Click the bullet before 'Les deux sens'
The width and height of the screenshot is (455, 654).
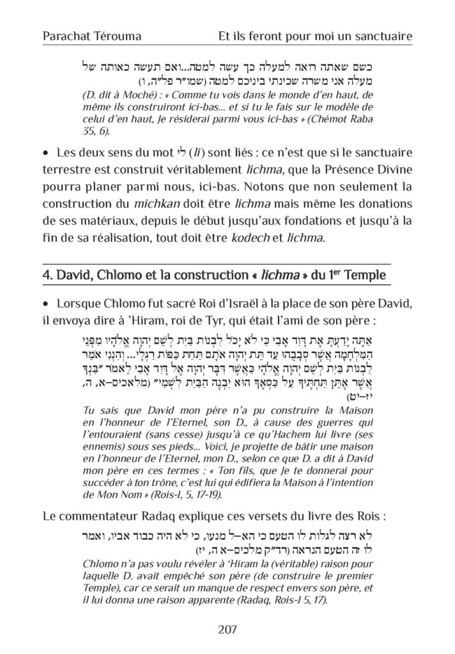point(45,154)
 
